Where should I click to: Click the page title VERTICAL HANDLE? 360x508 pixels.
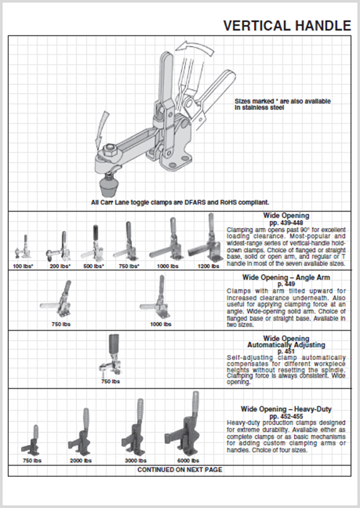click(287, 25)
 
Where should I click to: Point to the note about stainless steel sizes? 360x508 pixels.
click(283, 105)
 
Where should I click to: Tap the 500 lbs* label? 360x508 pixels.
click(93, 266)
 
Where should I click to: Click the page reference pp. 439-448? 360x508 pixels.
click(286, 222)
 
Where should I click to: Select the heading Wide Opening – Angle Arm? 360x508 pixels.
click(286, 277)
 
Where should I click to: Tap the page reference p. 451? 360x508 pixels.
click(286, 351)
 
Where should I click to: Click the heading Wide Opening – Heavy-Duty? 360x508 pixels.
click(286, 409)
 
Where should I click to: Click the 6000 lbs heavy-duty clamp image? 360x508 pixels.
click(187, 425)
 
